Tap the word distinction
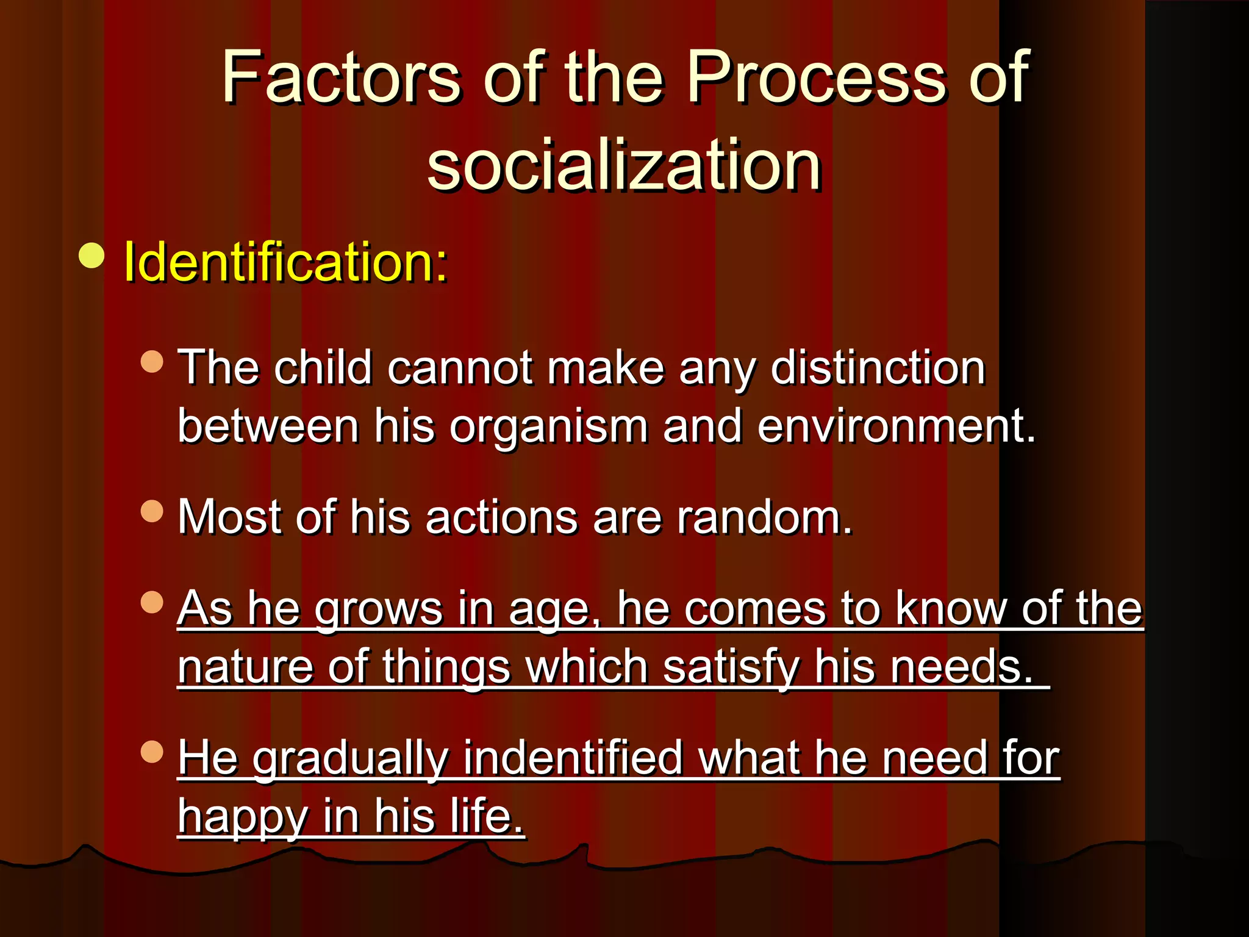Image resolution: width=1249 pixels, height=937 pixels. point(878,368)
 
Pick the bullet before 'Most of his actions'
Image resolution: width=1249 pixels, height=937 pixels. point(152,511)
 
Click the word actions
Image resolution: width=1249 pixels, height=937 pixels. point(501,517)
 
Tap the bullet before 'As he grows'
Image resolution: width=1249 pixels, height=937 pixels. point(152,602)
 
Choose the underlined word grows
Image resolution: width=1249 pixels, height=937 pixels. point(379,608)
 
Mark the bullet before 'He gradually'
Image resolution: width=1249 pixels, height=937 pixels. point(152,752)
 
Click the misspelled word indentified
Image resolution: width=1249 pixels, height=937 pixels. point(573,758)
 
